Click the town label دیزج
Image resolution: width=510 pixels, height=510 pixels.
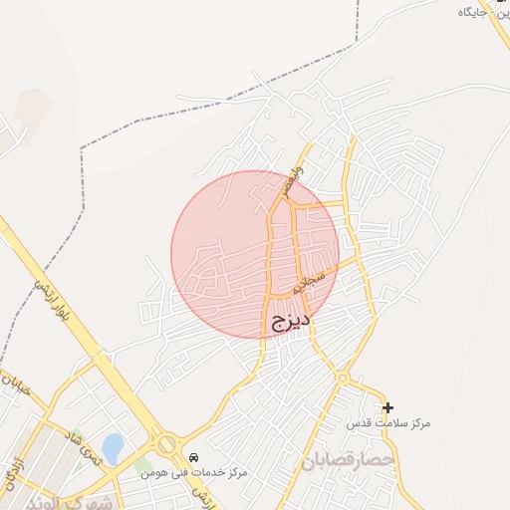290,321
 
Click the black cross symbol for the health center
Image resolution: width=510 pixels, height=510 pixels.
387,407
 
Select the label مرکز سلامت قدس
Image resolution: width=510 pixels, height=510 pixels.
388,424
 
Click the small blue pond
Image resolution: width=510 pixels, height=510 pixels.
113,447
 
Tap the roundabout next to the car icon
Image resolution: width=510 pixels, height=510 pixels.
166,444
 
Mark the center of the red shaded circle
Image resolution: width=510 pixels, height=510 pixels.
255,254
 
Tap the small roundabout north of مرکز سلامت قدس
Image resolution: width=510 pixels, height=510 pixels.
342,378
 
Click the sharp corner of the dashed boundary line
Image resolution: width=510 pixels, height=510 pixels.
356,44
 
